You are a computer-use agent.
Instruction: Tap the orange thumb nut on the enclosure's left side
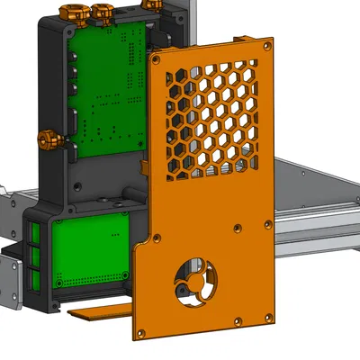(x=43, y=139)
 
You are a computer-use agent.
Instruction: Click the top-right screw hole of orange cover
(x=265, y=41)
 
